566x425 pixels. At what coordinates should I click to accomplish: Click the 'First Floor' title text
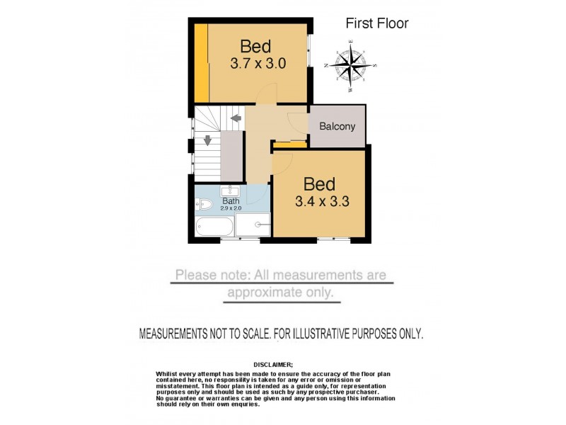(x=376, y=23)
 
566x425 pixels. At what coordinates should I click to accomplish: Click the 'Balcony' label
(x=337, y=127)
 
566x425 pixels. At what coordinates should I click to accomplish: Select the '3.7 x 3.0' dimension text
(x=258, y=64)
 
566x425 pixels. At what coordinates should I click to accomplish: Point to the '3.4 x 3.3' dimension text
(x=321, y=201)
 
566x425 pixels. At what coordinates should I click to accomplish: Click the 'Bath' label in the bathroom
(x=231, y=201)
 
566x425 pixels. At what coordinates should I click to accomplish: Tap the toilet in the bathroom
(x=204, y=205)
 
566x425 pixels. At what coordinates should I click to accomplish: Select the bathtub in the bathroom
(x=214, y=227)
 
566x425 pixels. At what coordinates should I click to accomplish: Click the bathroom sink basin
(x=231, y=191)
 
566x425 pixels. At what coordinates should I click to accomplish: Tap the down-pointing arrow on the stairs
(x=207, y=140)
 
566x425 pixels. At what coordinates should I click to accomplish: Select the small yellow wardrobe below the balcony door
(x=289, y=145)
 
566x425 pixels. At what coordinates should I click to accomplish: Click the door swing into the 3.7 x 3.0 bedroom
(x=265, y=94)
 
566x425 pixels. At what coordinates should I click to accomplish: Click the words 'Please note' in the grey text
(x=205, y=275)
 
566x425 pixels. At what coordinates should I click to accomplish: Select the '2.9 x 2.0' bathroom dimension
(x=231, y=208)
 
